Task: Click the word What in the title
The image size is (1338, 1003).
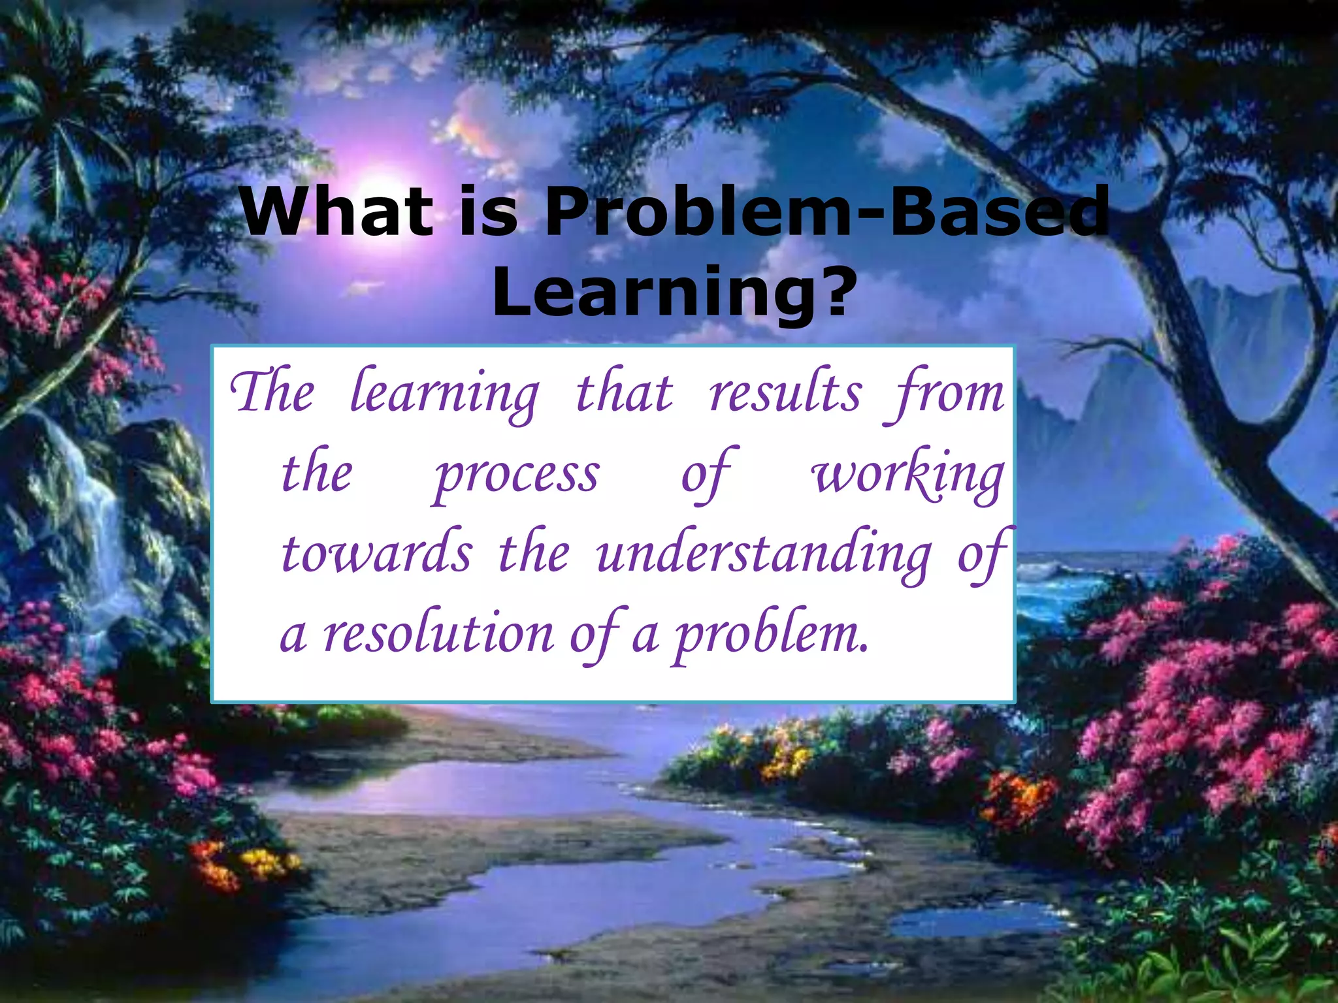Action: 335,212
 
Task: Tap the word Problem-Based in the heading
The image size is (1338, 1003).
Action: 826,212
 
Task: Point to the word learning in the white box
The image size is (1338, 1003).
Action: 444,396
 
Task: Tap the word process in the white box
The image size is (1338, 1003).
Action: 516,477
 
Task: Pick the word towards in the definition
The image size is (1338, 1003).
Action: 376,554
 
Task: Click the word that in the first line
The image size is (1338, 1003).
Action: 624,393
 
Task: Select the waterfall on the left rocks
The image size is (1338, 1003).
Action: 98,522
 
